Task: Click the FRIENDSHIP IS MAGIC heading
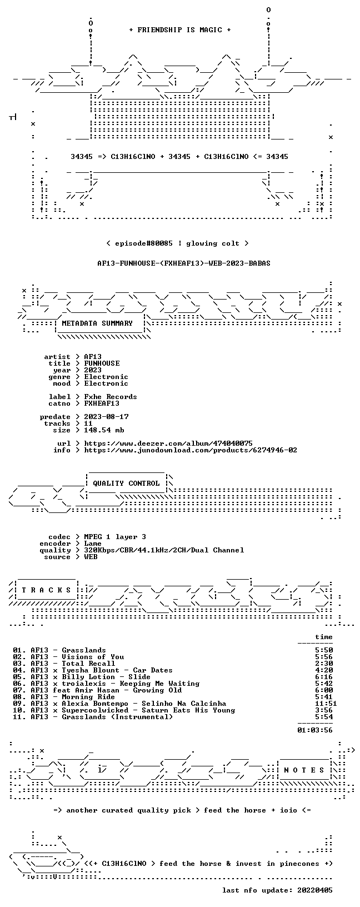pyautogui.click(x=180, y=30)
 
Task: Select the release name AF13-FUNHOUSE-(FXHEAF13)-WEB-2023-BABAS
pyautogui.click(x=184, y=263)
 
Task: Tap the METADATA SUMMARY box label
pyautogui.click(x=97, y=323)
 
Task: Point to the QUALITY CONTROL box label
pyautogui.click(x=126, y=483)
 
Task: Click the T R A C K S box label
pyautogui.click(x=46, y=590)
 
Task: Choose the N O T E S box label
pyautogui.click(x=304, y=770)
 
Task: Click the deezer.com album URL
pyautogui.click(x=168, y=443)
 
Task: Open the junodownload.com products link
pyautogui.click(x=191, y=450)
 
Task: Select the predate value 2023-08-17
pyautogui.click(x=106, y=417)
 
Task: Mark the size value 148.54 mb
pyautogui.click(x=104, y=430)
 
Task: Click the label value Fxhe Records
pyautogui.click(x=111, y=397)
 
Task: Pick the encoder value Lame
pyautogui.click(x=93, y=544)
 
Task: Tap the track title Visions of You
pyautogui.click(x=93, y=657)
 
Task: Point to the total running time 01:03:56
pyautogui.click(x=315, y=730)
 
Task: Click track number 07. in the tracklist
pyautogui.click(x=19, y=690)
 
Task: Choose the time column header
pyautogui.click(x=324, y=637)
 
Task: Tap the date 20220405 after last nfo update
pyautogui.click(x=315, y=890)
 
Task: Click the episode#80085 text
pyautogui.click(x=144, y=243)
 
